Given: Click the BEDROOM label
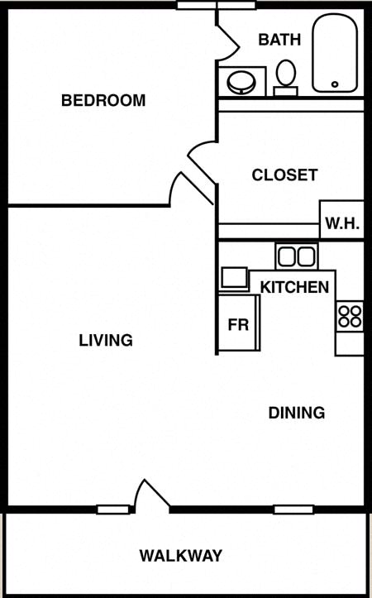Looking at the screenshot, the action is (x=103, y=100).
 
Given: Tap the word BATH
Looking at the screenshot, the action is (x=279, y=40).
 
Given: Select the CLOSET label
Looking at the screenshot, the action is (x=284, y=175).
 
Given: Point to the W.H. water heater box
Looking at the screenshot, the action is (x=342, y=220).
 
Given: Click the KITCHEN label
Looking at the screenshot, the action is (x=294, y=287).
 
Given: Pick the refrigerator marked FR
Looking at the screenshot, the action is (x=239, y=323).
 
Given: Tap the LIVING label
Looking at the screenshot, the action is (x=106, y=340).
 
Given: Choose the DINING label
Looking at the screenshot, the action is (x=297, y=413).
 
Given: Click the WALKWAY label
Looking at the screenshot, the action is (x=181, y=556).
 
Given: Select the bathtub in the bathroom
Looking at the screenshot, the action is (x=335, y=53).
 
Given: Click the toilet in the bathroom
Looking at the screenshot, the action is (x=285, y=78).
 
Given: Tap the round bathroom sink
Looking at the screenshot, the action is (x=241, y=83).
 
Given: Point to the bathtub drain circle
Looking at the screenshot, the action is (x=335, y=84).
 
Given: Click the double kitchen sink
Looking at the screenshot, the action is (x=297, y=256).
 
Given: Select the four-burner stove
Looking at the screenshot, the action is (x=350, y=317).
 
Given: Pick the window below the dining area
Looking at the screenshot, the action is (x=293, y=509).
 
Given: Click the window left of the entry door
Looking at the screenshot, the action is (x=113, y=509).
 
